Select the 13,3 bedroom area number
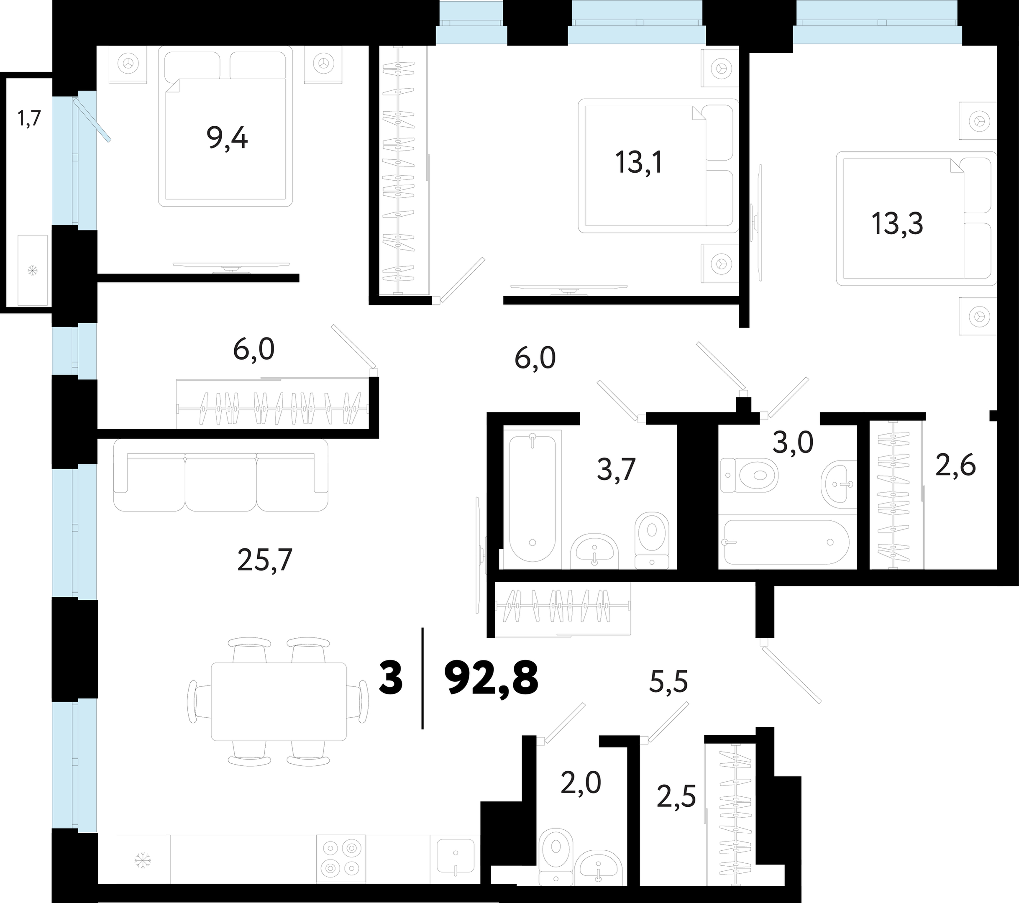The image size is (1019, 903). click(897, 223)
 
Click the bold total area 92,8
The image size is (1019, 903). click(491, 678)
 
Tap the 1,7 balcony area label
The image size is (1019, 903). click(29, 120)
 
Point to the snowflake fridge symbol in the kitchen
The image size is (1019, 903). click(143, 861)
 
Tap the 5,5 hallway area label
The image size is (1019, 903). click(668, 681)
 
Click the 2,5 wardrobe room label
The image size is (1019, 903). click(676, 797)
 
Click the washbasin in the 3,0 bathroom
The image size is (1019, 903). click(838, 483)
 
